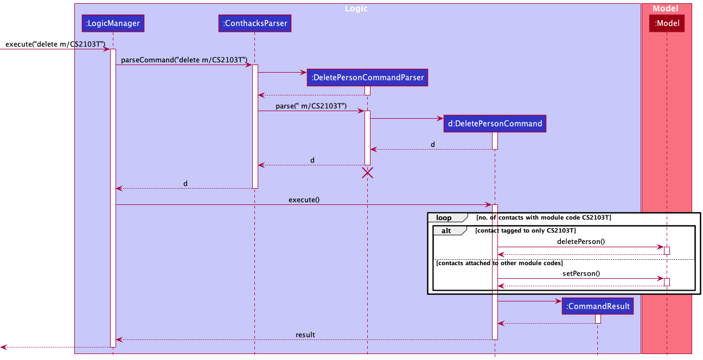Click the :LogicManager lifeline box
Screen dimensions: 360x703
113,23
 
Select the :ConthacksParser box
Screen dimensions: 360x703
254,23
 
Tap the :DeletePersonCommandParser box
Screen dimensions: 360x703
367,78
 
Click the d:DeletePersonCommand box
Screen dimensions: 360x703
495,124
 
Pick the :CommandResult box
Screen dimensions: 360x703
598,306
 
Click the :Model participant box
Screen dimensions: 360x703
667,23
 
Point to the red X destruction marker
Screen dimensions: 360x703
367,173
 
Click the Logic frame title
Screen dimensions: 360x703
357,9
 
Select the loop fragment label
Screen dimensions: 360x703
444,218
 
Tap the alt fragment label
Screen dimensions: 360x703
446,231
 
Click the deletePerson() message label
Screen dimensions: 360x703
580,242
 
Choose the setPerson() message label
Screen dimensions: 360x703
581,273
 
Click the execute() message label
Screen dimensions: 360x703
304,200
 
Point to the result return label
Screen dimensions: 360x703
305,335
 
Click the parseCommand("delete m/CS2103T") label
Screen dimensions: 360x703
184,60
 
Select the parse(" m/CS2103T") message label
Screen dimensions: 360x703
311,106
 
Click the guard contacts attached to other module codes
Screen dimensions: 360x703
499,263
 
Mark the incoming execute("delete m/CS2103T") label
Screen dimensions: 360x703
55,44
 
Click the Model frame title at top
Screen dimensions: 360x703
666,9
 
